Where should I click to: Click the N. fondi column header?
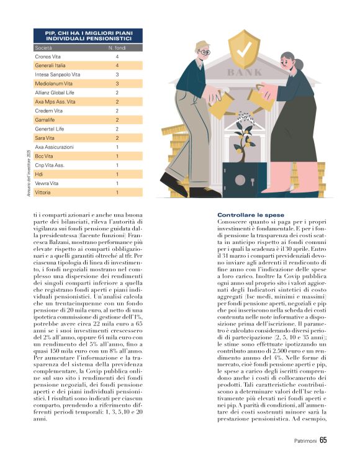pos(117,47)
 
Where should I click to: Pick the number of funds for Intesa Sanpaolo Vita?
pos(117,75)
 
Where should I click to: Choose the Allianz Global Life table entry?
pos(56,93)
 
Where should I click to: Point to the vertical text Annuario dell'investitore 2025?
pos(29,174)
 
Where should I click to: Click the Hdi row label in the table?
pos(39,174)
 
